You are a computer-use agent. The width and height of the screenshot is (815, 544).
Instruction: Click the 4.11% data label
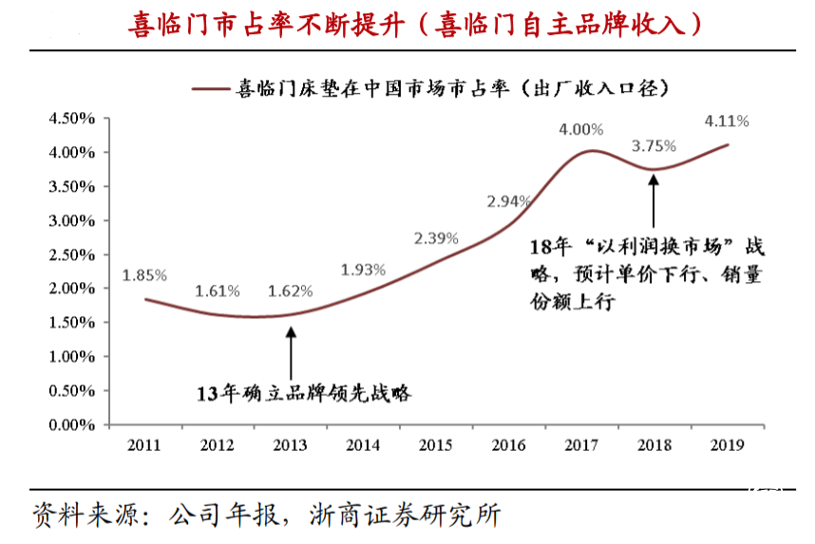727,122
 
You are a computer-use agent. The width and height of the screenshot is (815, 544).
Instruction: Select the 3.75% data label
654,146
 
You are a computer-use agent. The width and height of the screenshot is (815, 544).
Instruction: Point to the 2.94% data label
509,201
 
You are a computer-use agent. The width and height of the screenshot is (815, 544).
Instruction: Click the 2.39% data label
436,237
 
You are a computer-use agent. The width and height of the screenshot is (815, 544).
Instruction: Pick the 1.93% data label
363,271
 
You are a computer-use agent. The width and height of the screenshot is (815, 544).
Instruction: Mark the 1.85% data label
144,275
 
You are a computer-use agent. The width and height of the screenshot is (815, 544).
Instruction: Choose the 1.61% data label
218,291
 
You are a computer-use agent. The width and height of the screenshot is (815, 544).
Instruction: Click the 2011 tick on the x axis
144,443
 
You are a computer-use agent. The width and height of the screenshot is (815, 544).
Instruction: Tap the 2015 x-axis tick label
436,443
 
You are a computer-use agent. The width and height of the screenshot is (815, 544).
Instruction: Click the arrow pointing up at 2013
291,351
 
